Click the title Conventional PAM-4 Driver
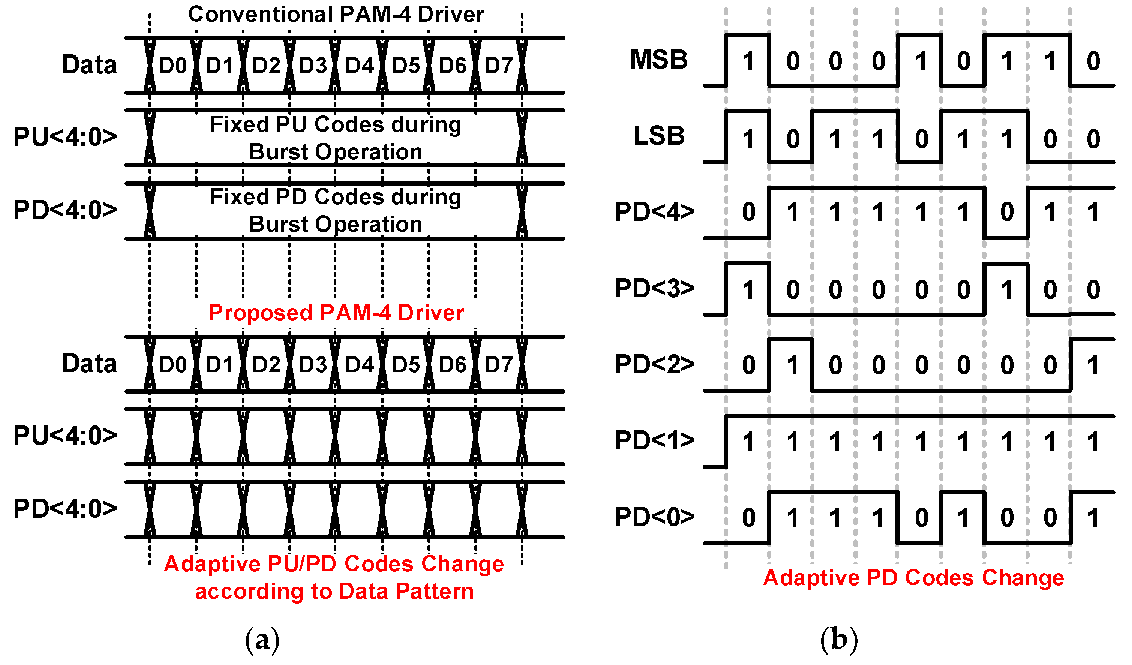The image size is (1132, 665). pyautogui.click(x=336, y=14)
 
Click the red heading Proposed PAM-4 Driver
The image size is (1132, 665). pyautogui.click(x=336, y=313)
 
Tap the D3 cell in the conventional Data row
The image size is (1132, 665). pyautogui.click(x=313, y=66)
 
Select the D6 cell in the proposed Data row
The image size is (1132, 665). pyautogui.click(x=452, y=365)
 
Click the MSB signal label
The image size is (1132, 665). pyautogui.click(x=658, y=60)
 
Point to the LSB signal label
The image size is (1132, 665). pyautogui.click(x=658, y=136)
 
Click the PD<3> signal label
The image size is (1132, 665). pyautogui.click(x=654, y=288)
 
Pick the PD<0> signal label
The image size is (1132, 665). pyautogui.click(x=654, y=517)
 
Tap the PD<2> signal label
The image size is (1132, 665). pyautogui.click(x=654, y=364)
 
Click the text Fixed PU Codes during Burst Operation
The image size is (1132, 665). pyautogui.click(x=336, y=138)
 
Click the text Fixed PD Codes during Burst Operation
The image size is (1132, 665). pyautogui.click(x=336, y=210)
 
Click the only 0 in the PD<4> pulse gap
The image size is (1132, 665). pyautogui.click(x=1006, y=212)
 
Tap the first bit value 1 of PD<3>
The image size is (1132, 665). pyautogui.click(x=748, y=290)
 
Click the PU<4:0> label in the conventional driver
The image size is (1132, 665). pyautogui.click(x=65, y=136)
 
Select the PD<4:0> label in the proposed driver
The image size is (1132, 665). pyautogui.click(x=65, y=509)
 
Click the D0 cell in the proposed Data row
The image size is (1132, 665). pyautogui.click(x=172, y=365)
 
